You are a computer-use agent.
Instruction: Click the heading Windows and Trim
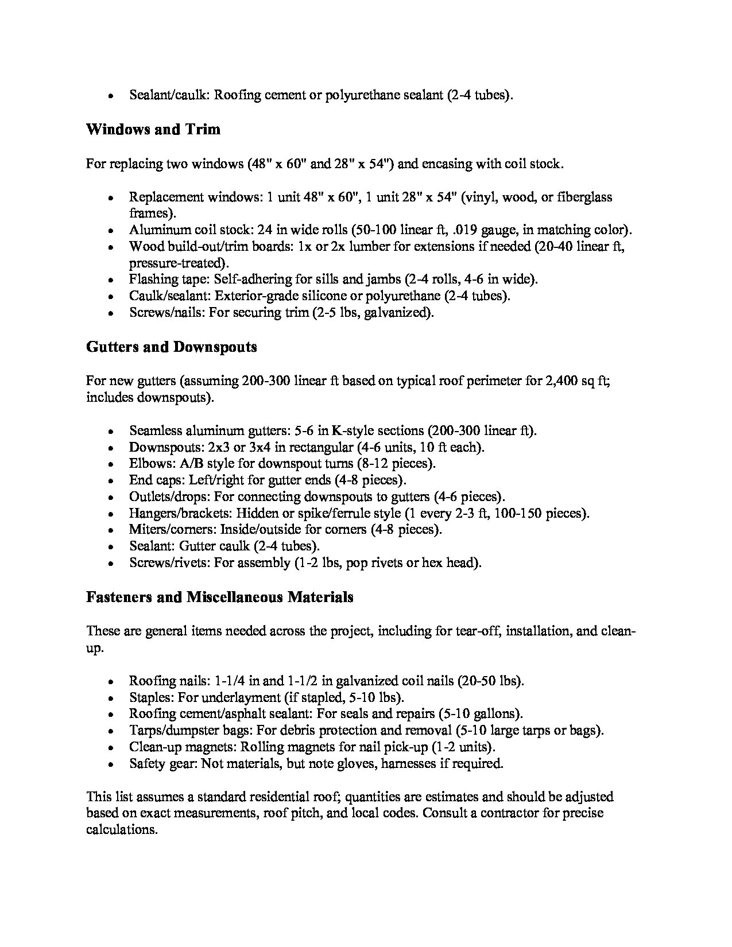(x=153, y=129)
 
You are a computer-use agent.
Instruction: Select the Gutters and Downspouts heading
(x=171, y=347)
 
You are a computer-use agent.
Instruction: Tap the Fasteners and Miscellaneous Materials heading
(x=219, y=597)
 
